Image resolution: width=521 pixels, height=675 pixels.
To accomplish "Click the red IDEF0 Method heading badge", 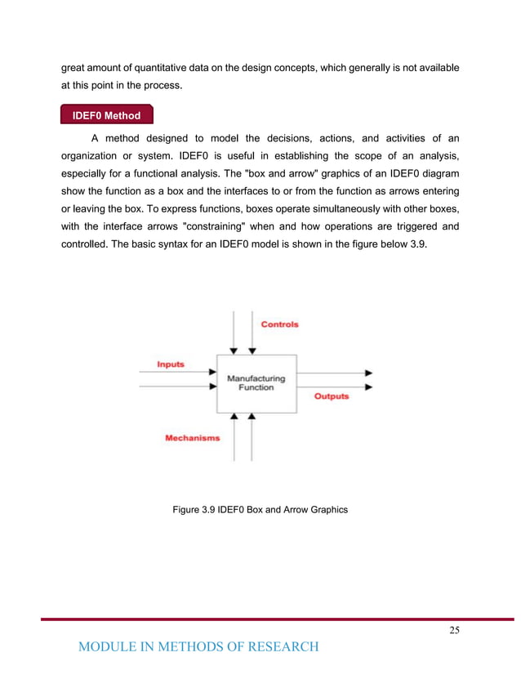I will pyautogui.click(x=106, y=115).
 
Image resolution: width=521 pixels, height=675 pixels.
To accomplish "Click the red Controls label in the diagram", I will pyautogui.click(x=279, y=324).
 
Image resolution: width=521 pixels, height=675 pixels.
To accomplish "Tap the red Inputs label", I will pyautogui.click(x=171, y=364).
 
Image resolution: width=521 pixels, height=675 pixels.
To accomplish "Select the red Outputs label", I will pyautogui.click(x=332, y=396).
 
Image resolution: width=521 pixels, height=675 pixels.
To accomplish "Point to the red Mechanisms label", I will pyautogui.click(x=192, y=438).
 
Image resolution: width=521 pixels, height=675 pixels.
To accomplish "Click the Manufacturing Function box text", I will pyautogui.click(x=256, y=383).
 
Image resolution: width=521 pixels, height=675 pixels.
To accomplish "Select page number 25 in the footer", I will pyautogui.click(x=454, y=629).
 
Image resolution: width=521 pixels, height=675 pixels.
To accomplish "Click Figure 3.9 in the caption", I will pyautogui.click(x=194, y=509).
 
